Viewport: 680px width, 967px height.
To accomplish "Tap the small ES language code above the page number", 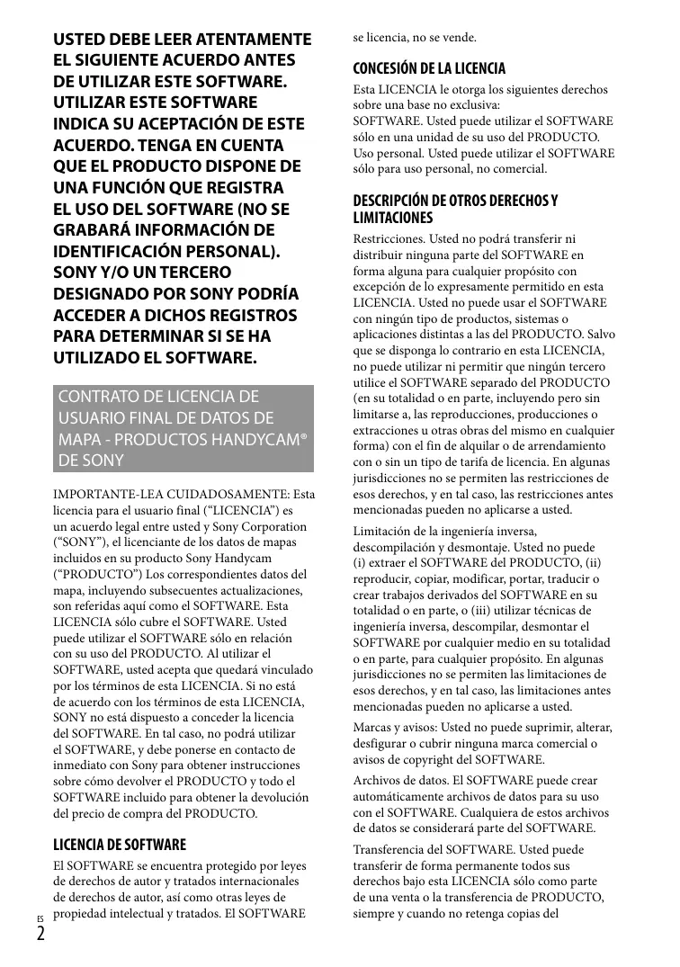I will (x=40, y=917).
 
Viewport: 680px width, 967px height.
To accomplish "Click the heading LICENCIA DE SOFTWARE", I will (x=121, y=845).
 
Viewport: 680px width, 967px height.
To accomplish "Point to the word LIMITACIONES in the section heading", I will (x=393, y=218).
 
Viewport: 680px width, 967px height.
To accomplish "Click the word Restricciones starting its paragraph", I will (x=389, y=239).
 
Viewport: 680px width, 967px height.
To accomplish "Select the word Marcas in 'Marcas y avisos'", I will (x=373, y=727).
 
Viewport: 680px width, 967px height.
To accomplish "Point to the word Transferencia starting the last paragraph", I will (x=393, y=848).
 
